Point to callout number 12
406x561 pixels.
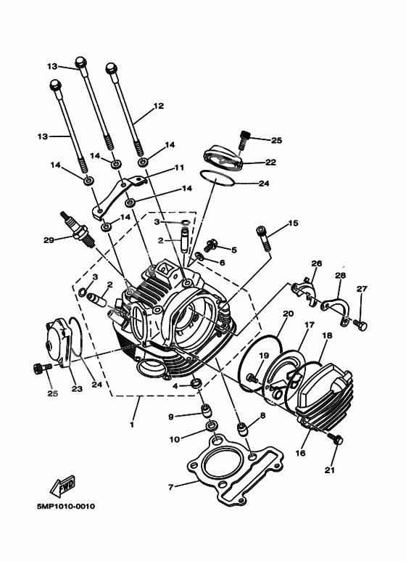pyautogui.click(x=159, y=106)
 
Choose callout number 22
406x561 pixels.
pyautogui.click(x=270, y=162)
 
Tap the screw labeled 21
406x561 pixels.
pyautogui.click(x=336, y=439)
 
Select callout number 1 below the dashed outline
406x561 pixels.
pyautogui.click(x=132, y=425)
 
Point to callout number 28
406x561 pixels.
pyautogui.click(x=340, y=276)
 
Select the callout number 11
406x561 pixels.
pyautogui.click(x=179, y=168)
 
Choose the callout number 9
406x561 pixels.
pyautogui.click(x=171, y=417)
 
